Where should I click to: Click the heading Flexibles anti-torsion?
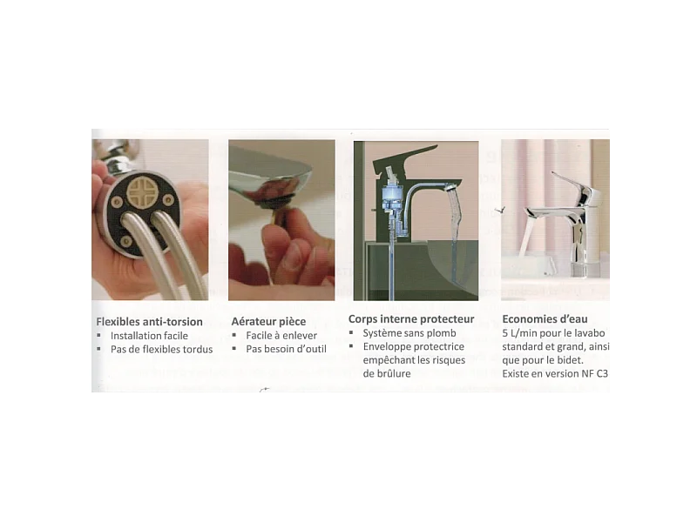149,321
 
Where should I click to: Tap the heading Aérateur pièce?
268,321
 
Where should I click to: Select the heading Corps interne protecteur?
411,318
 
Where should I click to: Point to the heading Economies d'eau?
545,318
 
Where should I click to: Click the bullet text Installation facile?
149,336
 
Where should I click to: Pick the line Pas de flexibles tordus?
161,350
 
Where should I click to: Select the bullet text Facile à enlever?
281,336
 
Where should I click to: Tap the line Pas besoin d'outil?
286,349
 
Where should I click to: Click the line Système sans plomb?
409,333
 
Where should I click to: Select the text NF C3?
594,373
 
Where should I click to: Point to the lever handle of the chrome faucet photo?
572,186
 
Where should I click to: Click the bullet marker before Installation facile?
98,336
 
